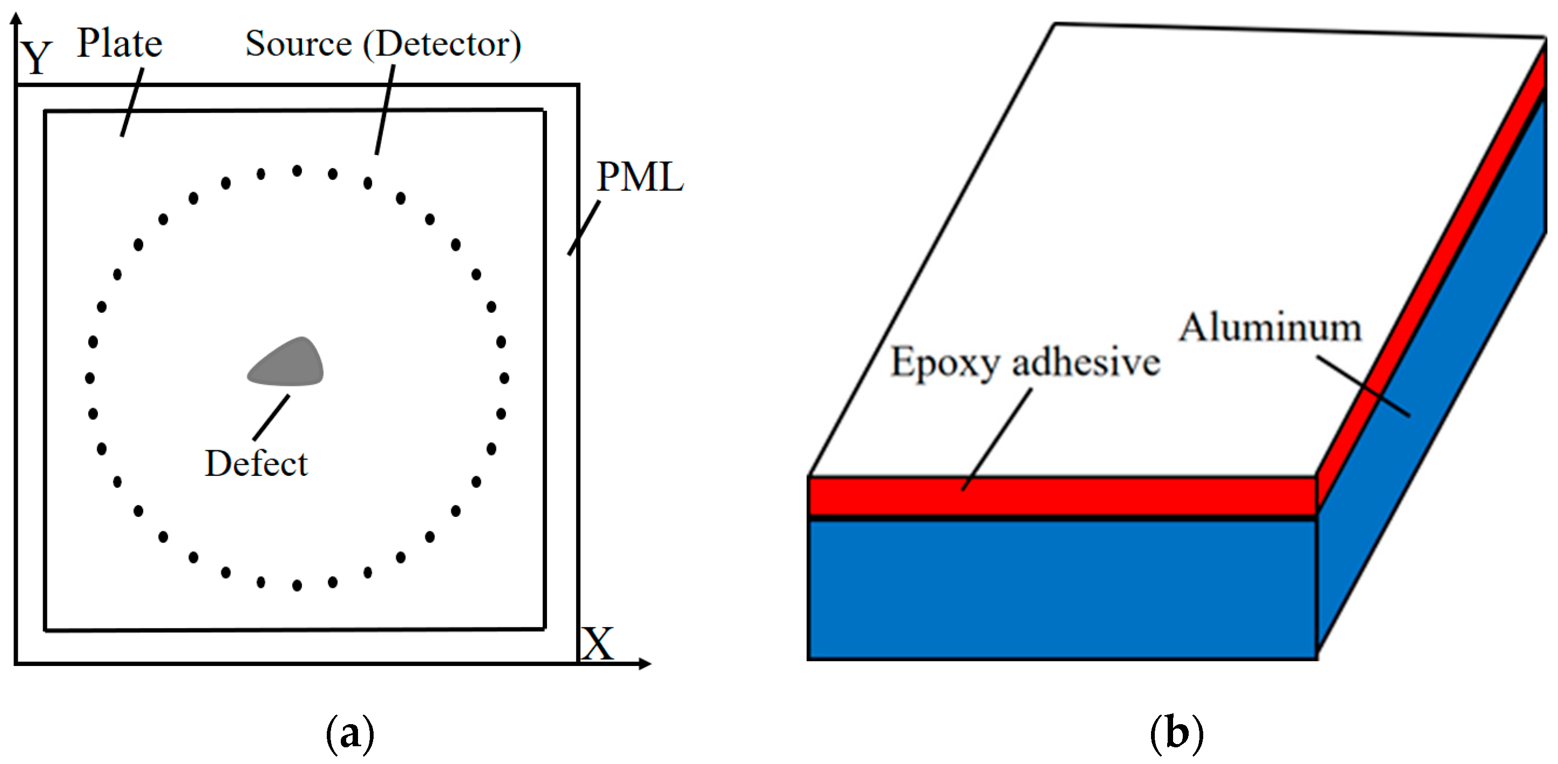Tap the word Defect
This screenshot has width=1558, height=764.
point(256,464)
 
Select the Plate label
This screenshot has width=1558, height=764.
point(120,44)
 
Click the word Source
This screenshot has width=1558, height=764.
point(298,44)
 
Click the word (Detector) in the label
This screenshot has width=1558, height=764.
point(441,44)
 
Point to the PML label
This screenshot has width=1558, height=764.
point(640,177)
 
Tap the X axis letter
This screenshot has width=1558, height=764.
point(598,644)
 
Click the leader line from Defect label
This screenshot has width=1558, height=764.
point(271,417)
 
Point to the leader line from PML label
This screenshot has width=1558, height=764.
point(584,228)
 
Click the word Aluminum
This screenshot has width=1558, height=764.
point(1270,328)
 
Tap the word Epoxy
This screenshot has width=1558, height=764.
point(945,364)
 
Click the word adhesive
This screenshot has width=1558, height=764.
point(1086,363)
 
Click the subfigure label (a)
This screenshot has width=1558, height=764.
point(350,734)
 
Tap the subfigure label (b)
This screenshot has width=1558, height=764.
point(1176,734)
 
